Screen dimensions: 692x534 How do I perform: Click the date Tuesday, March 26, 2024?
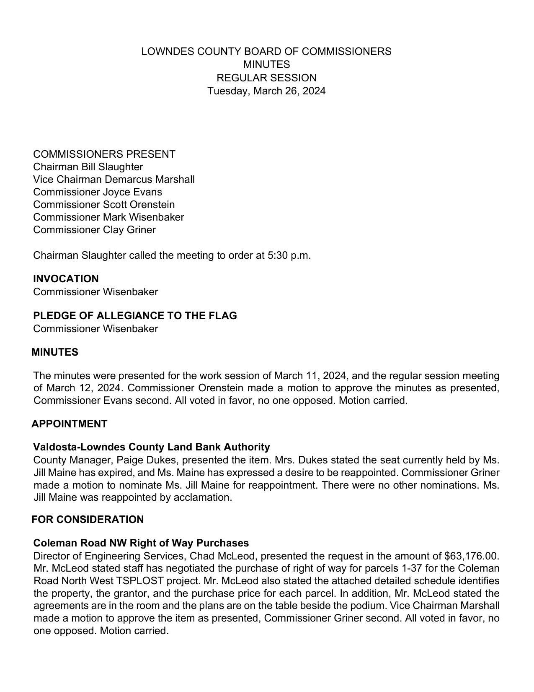[266, 91]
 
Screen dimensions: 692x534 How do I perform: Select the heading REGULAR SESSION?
[266, 78]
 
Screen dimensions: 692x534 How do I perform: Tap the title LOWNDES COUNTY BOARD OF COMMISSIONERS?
[266, 52]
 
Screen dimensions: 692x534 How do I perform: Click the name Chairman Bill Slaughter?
[88, 167]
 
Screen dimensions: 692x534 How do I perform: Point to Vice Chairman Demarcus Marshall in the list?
[114, 180]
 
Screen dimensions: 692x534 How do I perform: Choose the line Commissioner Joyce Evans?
[98, 192]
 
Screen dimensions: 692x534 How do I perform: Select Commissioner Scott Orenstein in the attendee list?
[104, 205]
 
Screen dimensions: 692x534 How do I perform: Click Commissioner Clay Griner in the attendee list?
[94, 230]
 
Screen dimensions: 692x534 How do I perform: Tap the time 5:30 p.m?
[289, 255]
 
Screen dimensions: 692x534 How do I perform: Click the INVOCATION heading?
[66, 279]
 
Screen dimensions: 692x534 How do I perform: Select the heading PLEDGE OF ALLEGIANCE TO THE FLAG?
[135, 316]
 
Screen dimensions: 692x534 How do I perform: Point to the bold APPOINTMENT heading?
[70, 424]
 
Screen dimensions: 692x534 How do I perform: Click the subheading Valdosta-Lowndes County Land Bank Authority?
[152, 447]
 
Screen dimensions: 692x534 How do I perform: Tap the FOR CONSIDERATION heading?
[88, 520]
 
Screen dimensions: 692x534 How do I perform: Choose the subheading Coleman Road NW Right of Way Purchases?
[141, 543]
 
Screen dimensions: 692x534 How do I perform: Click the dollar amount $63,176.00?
[472, 556]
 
